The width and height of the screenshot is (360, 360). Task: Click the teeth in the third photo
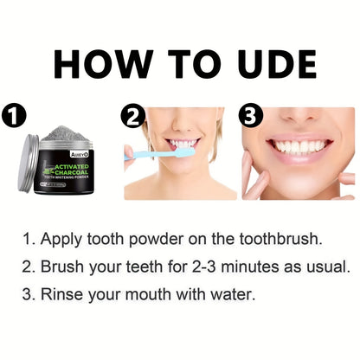[299, 147]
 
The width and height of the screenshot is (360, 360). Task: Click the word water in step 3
[234, 295]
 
